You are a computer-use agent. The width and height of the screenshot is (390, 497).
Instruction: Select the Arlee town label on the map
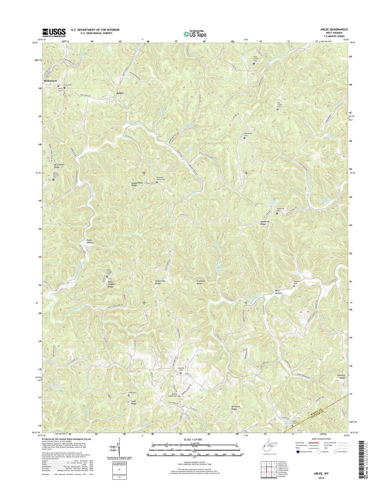tap(120, 93)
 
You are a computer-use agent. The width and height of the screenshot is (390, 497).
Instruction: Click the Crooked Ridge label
tap(199, 282)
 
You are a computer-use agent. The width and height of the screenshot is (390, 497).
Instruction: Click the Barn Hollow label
tap(279, 292)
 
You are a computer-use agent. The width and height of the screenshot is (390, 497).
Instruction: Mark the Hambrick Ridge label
tap(265, 223)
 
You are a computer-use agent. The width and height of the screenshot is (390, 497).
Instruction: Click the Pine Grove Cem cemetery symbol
tap(254, 63)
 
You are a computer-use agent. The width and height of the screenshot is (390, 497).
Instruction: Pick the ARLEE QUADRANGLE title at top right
tap(333, 29)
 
